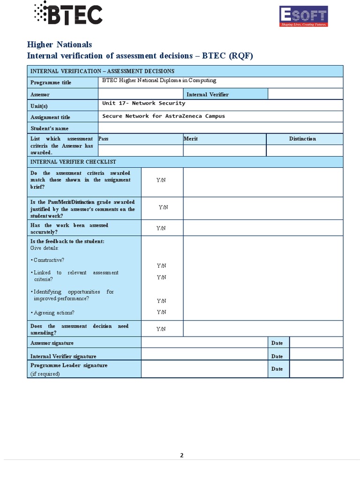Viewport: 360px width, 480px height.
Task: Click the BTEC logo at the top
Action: [68, 13]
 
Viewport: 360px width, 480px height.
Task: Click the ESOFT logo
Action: [303, 16]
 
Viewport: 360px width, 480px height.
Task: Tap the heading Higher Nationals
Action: [60, 45]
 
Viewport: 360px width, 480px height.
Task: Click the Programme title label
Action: [51, 82]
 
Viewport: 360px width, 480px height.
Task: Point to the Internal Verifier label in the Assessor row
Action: [208, 94]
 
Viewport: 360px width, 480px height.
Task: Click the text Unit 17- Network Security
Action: [143, 103]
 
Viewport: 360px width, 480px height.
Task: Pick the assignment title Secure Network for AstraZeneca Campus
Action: [164, 116]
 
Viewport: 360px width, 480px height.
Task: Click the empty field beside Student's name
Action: [220, 128]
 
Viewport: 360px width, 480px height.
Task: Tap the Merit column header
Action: [191, 139]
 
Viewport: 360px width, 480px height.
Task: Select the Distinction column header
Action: [302, 139]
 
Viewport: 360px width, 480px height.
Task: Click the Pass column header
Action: [104, 139]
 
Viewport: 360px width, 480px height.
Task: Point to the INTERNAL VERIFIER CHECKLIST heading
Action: [73, 162]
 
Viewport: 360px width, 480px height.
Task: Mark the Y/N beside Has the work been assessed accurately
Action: [161, 228]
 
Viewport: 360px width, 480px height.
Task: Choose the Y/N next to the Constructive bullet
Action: [161, 266]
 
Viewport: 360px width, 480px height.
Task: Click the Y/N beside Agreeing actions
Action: [161, 312]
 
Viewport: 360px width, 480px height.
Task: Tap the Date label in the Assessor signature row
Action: [277, 343]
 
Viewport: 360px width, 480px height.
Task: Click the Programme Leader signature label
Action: [69, 365]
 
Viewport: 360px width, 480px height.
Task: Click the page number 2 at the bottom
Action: [181, 456]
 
